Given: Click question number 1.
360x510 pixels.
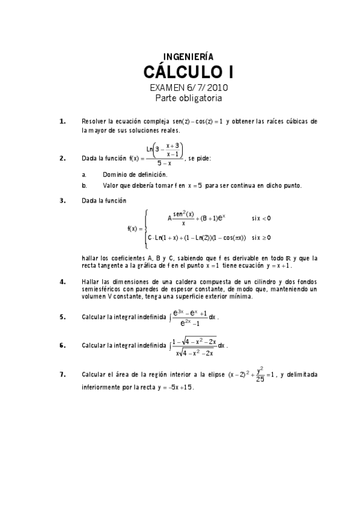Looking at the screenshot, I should coord(63,121).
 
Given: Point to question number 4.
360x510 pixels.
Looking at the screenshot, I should coord(63,281).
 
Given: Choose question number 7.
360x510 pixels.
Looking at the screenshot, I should coord(63,375).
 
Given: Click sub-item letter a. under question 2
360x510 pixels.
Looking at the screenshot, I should coord(84,174).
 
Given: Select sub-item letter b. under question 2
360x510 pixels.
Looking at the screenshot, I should coord(84,185).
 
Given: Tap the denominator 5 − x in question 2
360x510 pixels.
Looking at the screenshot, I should coord(165,163).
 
